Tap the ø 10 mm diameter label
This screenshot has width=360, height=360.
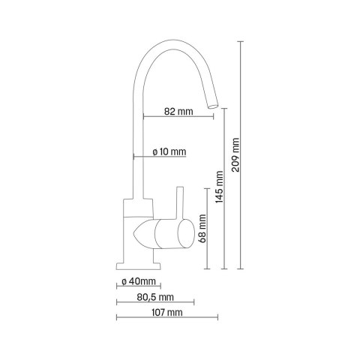169,151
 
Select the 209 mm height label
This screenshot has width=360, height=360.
235,155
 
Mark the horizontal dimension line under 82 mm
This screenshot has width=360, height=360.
177,117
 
